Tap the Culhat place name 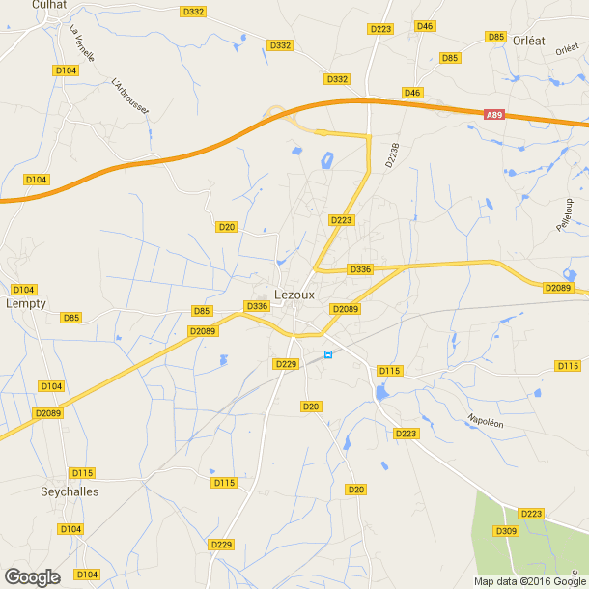pyautogui.click(x=48, y=5)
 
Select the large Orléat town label pyautogui.click(x=529, y=42)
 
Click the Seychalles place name pyautogui.click(x=70, y=491)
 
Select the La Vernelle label pyautogui.click(x=82, y=42)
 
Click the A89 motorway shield pyautogui.click(x=494, y=115)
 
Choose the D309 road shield pyautogui.click(x=506, y=531)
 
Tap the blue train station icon pyautogui.click(x=328, y=354)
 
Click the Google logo pyautogui.click(x=32, y=576)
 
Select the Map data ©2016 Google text pyautogui.click(x=530, y=581)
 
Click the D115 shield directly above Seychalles pyautogui.click(x=83, y=472)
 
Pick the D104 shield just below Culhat pyautogui.click(x=66, y=70)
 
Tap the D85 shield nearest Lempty pyautogui.click(x=70, y=318)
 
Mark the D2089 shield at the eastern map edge pyautogui.click(x=558, y=288)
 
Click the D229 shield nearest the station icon pyautogui.click(x=285, y=364)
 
